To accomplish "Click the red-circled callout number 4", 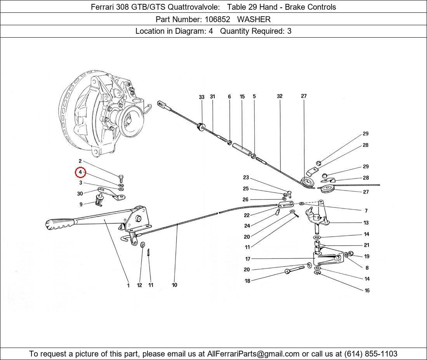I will coord(80,172).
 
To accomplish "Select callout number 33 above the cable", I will coord(201,97).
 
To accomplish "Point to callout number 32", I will coord(279,96).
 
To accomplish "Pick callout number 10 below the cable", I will coord(174,285).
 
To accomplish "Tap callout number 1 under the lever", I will coord(128,286).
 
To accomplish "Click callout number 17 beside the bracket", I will coord(248,259).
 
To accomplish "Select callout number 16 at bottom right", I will coord(367,291).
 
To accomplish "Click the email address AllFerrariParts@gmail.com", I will coord(253,354).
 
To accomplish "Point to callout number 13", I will coord(366,223).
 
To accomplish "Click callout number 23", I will coord(246,178).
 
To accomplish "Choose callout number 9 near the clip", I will coord(81,204).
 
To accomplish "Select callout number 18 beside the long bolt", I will coord(247,281).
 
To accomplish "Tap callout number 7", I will coord(366,211).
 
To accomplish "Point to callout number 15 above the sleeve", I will coord(242,97).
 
